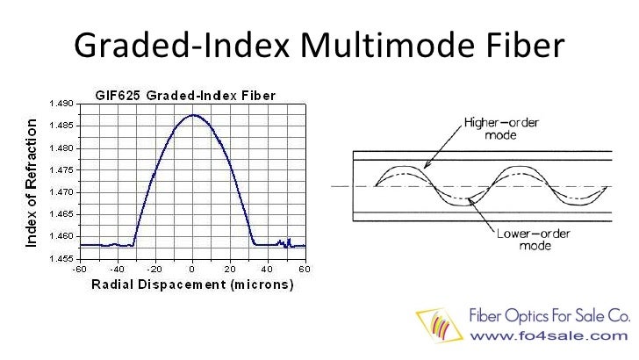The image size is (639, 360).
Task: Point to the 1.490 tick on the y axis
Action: coord(62,104)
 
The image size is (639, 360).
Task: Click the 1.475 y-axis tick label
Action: coord(62,170)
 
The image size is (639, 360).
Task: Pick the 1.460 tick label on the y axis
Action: coord(62,236)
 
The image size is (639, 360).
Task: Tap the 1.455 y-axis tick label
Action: coord(62,258)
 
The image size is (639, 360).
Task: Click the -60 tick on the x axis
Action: coord(78,268)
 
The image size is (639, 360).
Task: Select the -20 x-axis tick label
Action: coord(153,268)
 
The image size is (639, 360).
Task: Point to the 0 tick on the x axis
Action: coord(192,268)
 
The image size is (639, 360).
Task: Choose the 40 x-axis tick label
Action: coord(268,268)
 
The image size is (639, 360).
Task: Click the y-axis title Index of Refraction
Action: coord(32,182)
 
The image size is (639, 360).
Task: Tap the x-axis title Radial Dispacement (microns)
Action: coord(192,285)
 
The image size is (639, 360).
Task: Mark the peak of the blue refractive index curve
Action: coord(192,115)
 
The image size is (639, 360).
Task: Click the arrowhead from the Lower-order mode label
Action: coord(471,199)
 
